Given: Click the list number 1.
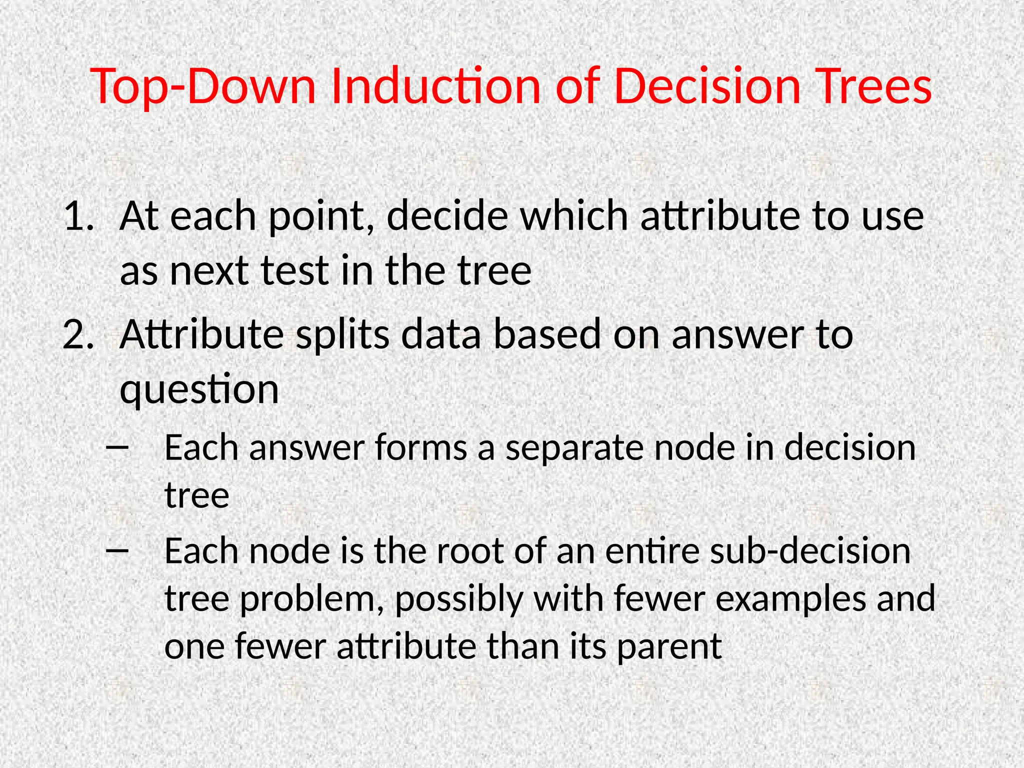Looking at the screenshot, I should click(78, 216).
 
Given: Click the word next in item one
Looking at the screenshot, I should click(209, 271).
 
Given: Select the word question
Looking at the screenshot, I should click(199, 389).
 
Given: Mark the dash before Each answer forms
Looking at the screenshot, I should click(117, 447).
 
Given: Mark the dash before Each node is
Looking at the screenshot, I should click(117, 550).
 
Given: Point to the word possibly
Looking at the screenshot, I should click(458, 598).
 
